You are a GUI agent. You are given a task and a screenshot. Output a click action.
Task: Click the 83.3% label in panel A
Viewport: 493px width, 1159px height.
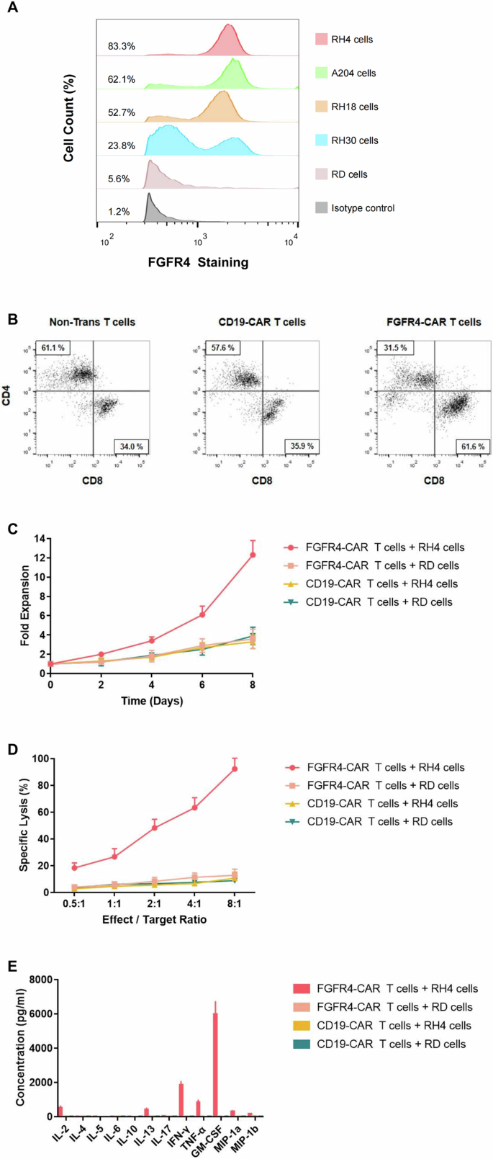121,46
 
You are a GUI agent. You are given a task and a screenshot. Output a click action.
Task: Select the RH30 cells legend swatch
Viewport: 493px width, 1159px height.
322,140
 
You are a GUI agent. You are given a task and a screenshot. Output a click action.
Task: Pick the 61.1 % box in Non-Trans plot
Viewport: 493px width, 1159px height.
54,348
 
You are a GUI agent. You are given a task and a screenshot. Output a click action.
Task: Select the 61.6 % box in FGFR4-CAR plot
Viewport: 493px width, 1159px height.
471,447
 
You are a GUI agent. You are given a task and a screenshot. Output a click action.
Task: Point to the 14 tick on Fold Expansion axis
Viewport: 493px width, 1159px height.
40,539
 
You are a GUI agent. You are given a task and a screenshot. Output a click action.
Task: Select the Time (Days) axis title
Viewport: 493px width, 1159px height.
151,701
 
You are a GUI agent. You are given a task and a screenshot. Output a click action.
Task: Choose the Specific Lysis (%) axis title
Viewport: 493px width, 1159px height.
24,825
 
